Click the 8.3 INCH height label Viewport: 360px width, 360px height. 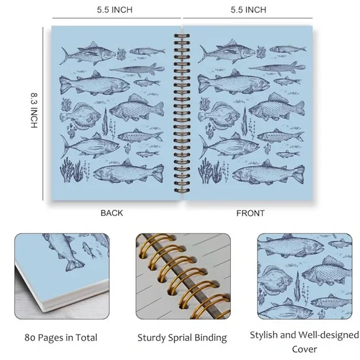pos(34,110)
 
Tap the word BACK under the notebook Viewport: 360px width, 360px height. pos(112,213)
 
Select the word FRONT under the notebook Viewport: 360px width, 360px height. pos(251,214)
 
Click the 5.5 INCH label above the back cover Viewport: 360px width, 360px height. pos(115,10)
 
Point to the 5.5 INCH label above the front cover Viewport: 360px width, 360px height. pos(248,10)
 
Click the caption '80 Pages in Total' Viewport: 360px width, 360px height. pos(61,338)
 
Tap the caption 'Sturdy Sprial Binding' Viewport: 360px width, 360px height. pos(182,338)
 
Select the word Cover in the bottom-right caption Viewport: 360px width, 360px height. pos(304,349)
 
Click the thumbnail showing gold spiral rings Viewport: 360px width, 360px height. pos(183,276)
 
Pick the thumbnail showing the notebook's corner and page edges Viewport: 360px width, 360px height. pos(62,276)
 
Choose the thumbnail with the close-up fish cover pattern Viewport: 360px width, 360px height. pos(305,276)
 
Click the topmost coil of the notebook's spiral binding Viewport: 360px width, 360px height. pos(182,36)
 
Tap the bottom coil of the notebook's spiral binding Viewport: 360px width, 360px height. pos(182,191)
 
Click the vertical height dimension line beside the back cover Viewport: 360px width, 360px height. pos(43,114)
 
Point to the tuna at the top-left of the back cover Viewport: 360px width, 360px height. pos(88,53)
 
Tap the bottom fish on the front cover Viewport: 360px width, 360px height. pos(268,172)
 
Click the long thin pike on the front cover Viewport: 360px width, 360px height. pos(277,68)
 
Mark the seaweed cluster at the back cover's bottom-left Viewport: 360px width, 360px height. pos(71,170)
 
